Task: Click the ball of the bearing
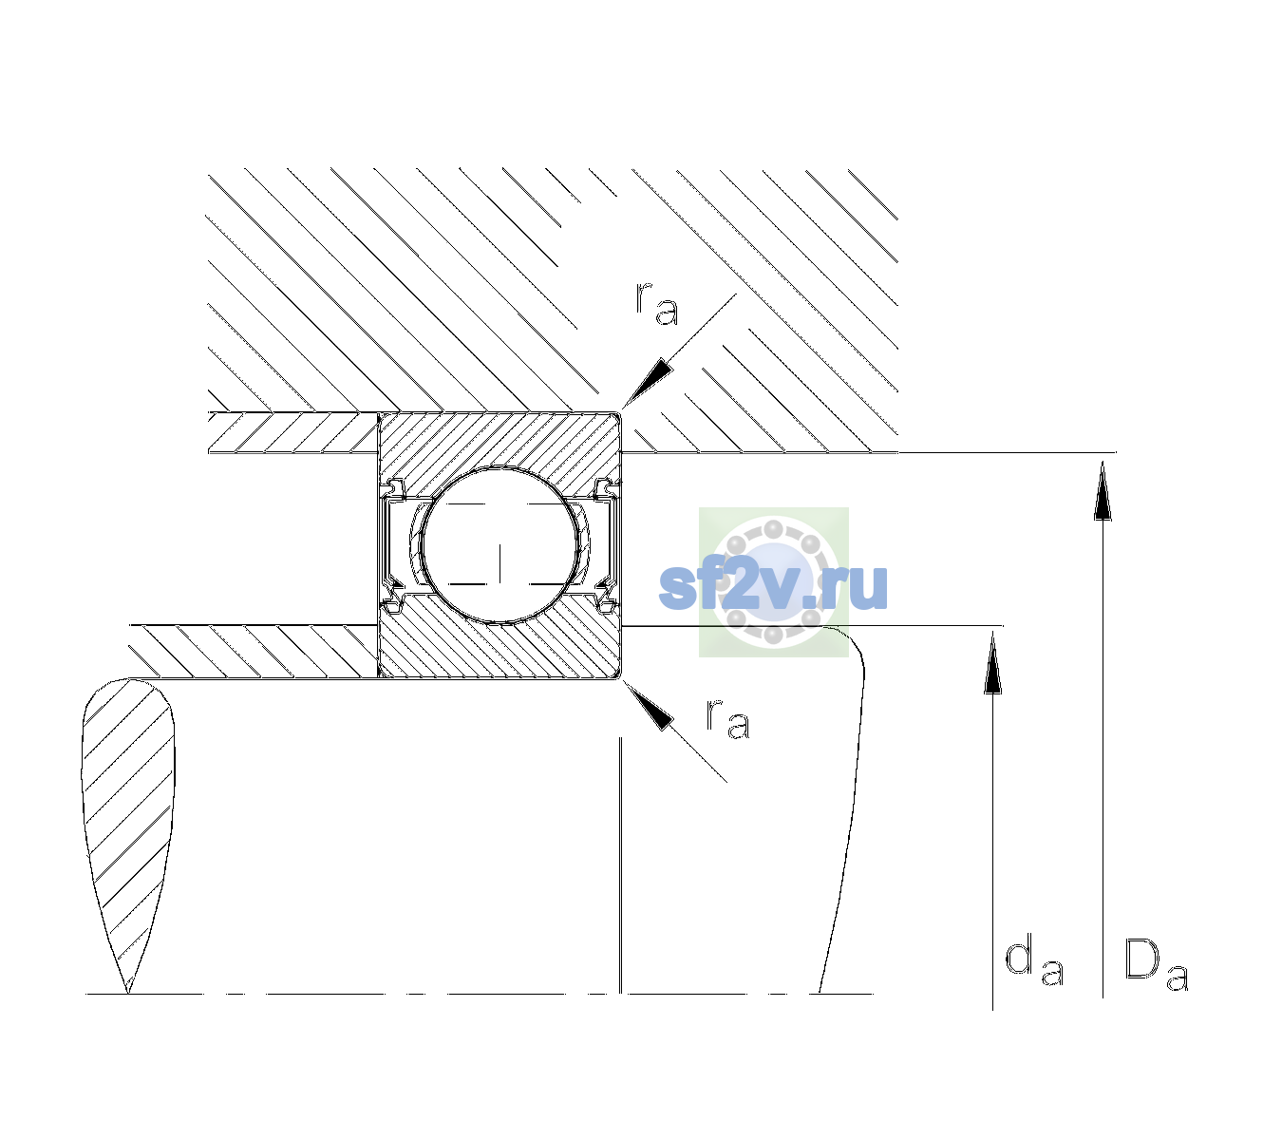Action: [500, 545]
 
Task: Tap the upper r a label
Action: [657, 303]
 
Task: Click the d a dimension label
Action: [1034, 962]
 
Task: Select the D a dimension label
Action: [1156, 964]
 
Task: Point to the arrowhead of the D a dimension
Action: [1103, 490]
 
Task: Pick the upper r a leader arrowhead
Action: [647, 384]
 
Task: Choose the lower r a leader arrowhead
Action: [648, 706]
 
